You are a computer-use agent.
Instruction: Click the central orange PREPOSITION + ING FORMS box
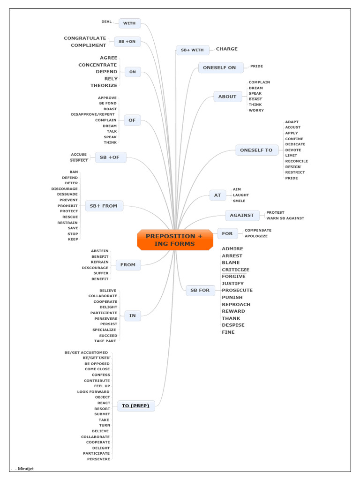[175, 240]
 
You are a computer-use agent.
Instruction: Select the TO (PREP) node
[135, 406]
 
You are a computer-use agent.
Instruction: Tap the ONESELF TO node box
[256, 150]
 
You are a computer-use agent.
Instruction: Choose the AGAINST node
[242, 216]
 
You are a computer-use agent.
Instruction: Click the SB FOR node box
[200, 291]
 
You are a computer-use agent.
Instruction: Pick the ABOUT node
[227, 97]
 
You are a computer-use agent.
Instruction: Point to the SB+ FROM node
[104, 206]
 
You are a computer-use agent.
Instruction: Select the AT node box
[217, 195]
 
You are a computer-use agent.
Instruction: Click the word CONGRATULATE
[85, 38]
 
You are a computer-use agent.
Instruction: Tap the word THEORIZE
[104, 86]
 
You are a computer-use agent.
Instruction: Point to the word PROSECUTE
[237, 291]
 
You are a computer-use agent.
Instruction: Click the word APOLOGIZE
[256, 236]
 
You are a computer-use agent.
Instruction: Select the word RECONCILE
[296, 161]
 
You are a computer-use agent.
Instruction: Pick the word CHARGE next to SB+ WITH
[226, 49]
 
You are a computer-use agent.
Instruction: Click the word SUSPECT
[79, 160]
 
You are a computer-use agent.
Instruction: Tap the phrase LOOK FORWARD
[93, 392]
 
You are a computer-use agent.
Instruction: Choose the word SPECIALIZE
[104, 330]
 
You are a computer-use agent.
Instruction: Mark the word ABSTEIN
[99, 251]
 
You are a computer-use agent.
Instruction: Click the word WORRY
[256, 111]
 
